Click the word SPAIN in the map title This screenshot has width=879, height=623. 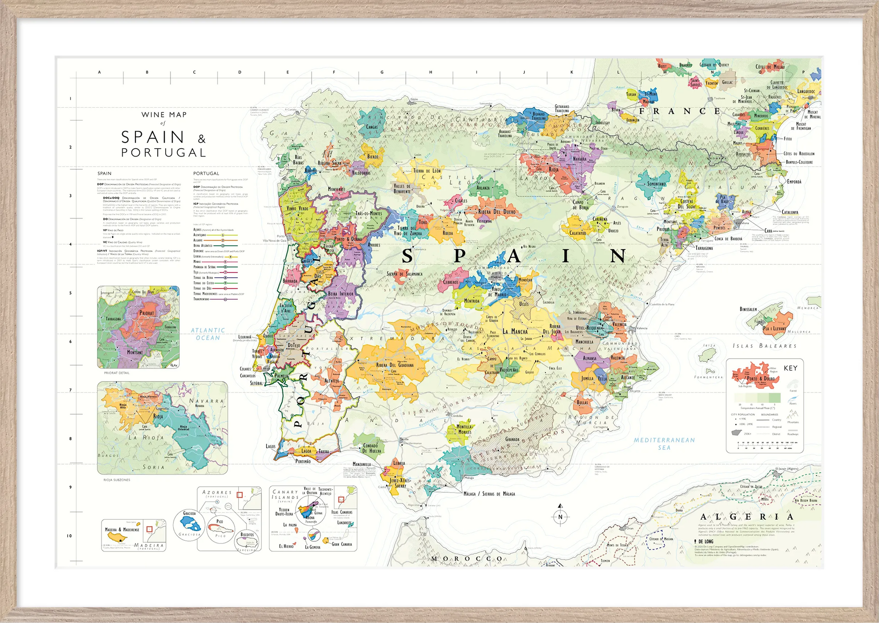point(153,137)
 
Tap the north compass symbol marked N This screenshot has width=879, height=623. point(560,517)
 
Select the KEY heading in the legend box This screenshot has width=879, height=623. point(790,368)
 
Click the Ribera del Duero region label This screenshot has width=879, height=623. point(497,211)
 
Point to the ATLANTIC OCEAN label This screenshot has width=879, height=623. point(208,334)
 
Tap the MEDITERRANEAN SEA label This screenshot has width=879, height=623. point(664,444)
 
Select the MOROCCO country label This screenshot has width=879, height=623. point(467,559)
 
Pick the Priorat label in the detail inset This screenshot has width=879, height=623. point(147,313)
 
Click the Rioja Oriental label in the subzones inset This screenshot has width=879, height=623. point(183,428)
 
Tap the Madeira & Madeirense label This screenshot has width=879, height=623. point(122,529)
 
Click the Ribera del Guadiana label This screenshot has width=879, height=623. point(394,365)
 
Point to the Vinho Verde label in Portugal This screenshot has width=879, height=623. point(298,208)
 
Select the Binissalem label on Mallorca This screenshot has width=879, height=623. point(748,309)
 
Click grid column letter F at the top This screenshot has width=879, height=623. point(334,72)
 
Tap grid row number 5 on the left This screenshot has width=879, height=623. point(70,293)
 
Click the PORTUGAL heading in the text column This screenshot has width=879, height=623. point(206,173)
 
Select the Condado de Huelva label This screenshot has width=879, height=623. point(372,448)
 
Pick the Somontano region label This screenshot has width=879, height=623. point(656,184)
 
